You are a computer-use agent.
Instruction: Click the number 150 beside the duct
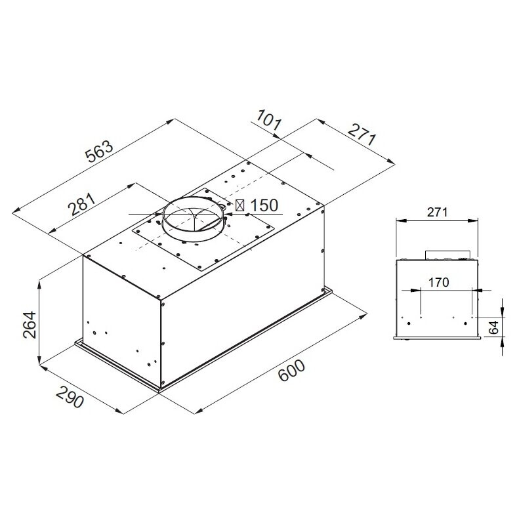pos(264,205)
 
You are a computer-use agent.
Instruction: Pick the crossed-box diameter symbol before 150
pos(241,205)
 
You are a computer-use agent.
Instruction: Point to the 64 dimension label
pos(494,328)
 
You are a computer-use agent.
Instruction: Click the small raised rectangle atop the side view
pos(448,254)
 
